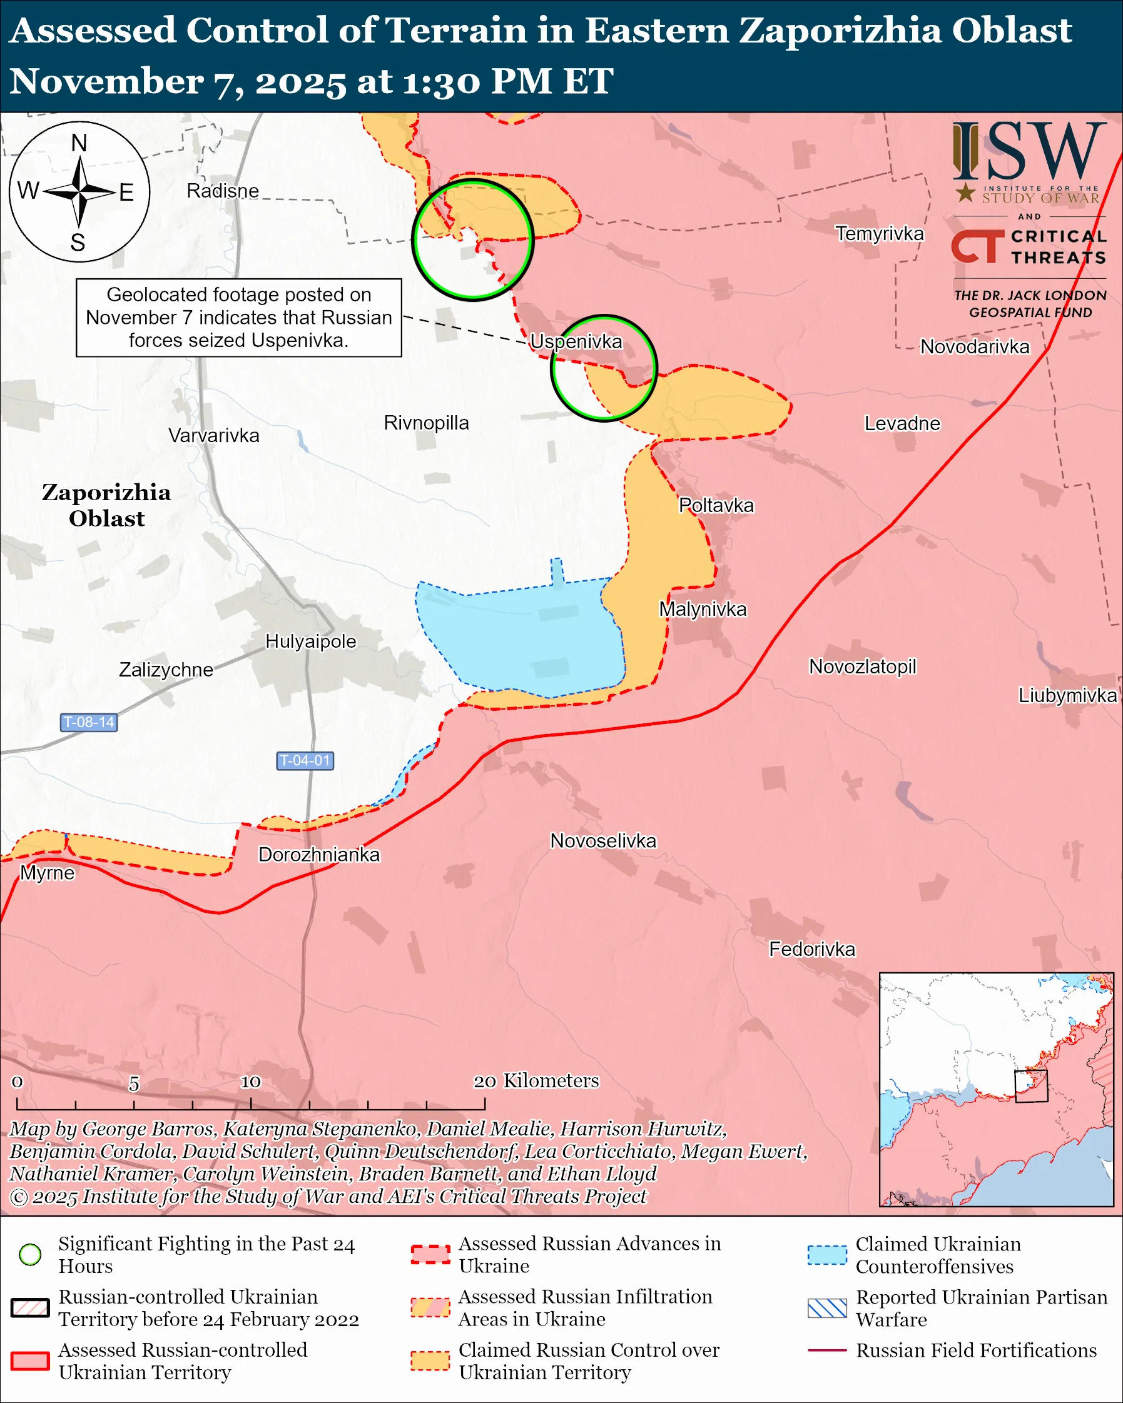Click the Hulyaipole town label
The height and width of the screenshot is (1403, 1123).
(310, 641)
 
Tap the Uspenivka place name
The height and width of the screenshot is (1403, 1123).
(576, 341)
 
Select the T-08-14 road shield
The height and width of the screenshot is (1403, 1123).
(89, 722)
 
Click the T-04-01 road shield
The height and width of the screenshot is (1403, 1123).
(305, 760)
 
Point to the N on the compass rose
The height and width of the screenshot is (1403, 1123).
(79, 143)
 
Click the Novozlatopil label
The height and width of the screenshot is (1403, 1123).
(862, 666)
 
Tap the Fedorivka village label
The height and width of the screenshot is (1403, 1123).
(812, 949)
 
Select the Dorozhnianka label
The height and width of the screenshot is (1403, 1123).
(318, 855)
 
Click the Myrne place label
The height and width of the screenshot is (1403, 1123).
(47, 873)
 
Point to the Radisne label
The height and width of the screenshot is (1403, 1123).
(223, 191)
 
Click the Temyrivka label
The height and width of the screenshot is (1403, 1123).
(879, 233)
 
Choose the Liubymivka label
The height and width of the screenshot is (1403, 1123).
(1067, 695)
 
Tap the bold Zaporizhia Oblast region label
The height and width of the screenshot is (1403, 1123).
(107, 505)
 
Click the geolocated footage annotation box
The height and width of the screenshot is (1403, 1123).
(238, 318)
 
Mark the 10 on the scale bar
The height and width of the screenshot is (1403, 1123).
(251, 1082)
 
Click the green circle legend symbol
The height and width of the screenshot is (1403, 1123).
(30, 1254)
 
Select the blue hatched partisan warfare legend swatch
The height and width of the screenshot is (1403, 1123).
(827, 1308)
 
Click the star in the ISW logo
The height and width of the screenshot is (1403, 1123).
(965, 193)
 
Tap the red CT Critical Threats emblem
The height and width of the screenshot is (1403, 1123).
(977, 246)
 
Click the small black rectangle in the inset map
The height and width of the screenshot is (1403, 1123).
(1030, 1086)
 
